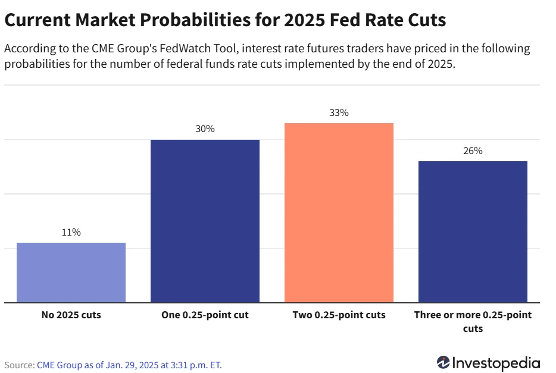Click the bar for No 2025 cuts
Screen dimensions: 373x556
pyautogui.click(x=71, y=272)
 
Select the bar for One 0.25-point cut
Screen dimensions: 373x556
pyautogui.click(x=205, y=221)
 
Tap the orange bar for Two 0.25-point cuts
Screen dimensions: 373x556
pyautogui.click(x=339, y=213)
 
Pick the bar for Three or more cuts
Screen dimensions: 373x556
pyautogui.click(x=473, y=232)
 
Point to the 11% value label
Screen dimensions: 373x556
pyautogui.click(x=71, y=233)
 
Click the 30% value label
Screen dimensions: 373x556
pyautogui.click(x=205, y=129)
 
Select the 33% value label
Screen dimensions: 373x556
pyautogui.click(x=339, y=112)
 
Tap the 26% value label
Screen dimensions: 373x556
pyautogui.click(x=473, y=151)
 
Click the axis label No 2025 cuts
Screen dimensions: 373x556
pyautogui.click(x=71, y=315)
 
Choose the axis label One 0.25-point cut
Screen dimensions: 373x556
pyautogui.click(x=205, y=315)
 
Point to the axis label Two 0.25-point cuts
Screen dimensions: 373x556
pyautogui.click(x=339, y=315)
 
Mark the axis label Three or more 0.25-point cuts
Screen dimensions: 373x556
pyautogui.click(x=473, y=321)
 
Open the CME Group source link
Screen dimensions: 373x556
pyautogui.click(x=129, y=365)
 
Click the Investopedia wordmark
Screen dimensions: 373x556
pyautogui.click(x=496, y=363)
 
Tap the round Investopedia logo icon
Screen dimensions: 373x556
pyautogui.click(x=443, y=363)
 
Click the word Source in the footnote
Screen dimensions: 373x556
pyautogui.click(x=18, y=365)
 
